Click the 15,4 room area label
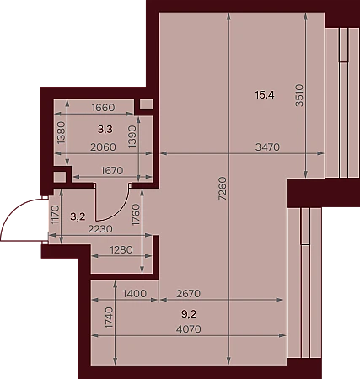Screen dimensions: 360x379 [x=265, y=95]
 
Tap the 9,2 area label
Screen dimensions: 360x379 [x=189, y=314]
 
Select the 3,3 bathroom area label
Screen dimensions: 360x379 [x=105, y=130]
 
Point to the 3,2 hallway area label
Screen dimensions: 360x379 [x=78, y=216]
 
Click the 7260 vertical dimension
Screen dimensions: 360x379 [x=223, y=189]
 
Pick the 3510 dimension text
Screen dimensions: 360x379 [x=299, y=95]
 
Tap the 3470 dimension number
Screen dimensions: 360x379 [x=267, y=147]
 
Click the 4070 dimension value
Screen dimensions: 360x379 [x=189, y=329]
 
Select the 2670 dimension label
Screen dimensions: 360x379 [x=189, y=294]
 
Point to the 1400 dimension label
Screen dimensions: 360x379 [x=135, y=294]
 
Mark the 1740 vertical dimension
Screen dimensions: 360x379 [x=110, y=318]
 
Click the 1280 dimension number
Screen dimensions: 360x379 [x=121, y=249]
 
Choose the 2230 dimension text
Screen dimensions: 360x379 [x=100, y=229]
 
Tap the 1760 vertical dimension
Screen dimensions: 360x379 [x=136, y=215]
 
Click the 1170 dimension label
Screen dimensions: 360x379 [x=56, y=215]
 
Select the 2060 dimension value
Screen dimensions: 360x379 [x=103, y=147]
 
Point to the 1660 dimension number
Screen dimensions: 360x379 [x=104, y=108]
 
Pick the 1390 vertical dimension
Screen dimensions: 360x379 [x=132, y=136]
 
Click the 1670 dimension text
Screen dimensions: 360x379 [x=112, y=170]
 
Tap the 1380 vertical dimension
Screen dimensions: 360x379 [x=61, y=132]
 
